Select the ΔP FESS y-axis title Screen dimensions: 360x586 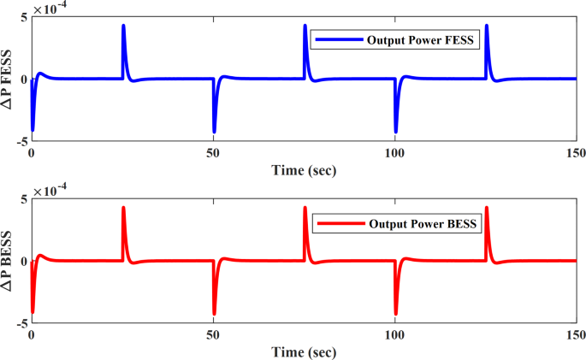(x=9, y=78)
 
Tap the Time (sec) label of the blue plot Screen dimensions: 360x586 (x=304, y=169)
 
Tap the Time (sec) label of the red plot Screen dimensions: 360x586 (x=304, y=351)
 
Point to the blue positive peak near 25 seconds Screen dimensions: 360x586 (x=123, y=27)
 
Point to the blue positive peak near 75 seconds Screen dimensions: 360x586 (x=305, y=27)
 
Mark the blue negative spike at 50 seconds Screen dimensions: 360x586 (x=214, y=131)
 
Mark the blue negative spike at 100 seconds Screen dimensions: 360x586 (x=395, y=131)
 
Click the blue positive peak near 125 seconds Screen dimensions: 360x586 (x=487, y=27)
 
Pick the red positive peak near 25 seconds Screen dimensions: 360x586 (x=123, y=209)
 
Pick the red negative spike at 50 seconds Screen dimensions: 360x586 (x=214, y=313)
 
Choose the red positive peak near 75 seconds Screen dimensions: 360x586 (x=305, y=209)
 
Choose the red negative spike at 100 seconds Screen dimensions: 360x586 (x=395, y=313)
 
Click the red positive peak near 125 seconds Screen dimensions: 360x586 (x=487, y=209)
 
